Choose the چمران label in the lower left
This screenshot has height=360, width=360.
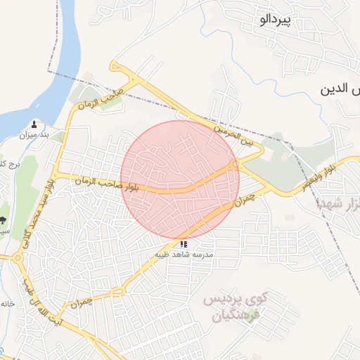pos(82,302)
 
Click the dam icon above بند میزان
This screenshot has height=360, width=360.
pos(34,123)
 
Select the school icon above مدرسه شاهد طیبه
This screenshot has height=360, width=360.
pos(184,244)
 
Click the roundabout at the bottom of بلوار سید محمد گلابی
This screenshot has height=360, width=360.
pos(18,258)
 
